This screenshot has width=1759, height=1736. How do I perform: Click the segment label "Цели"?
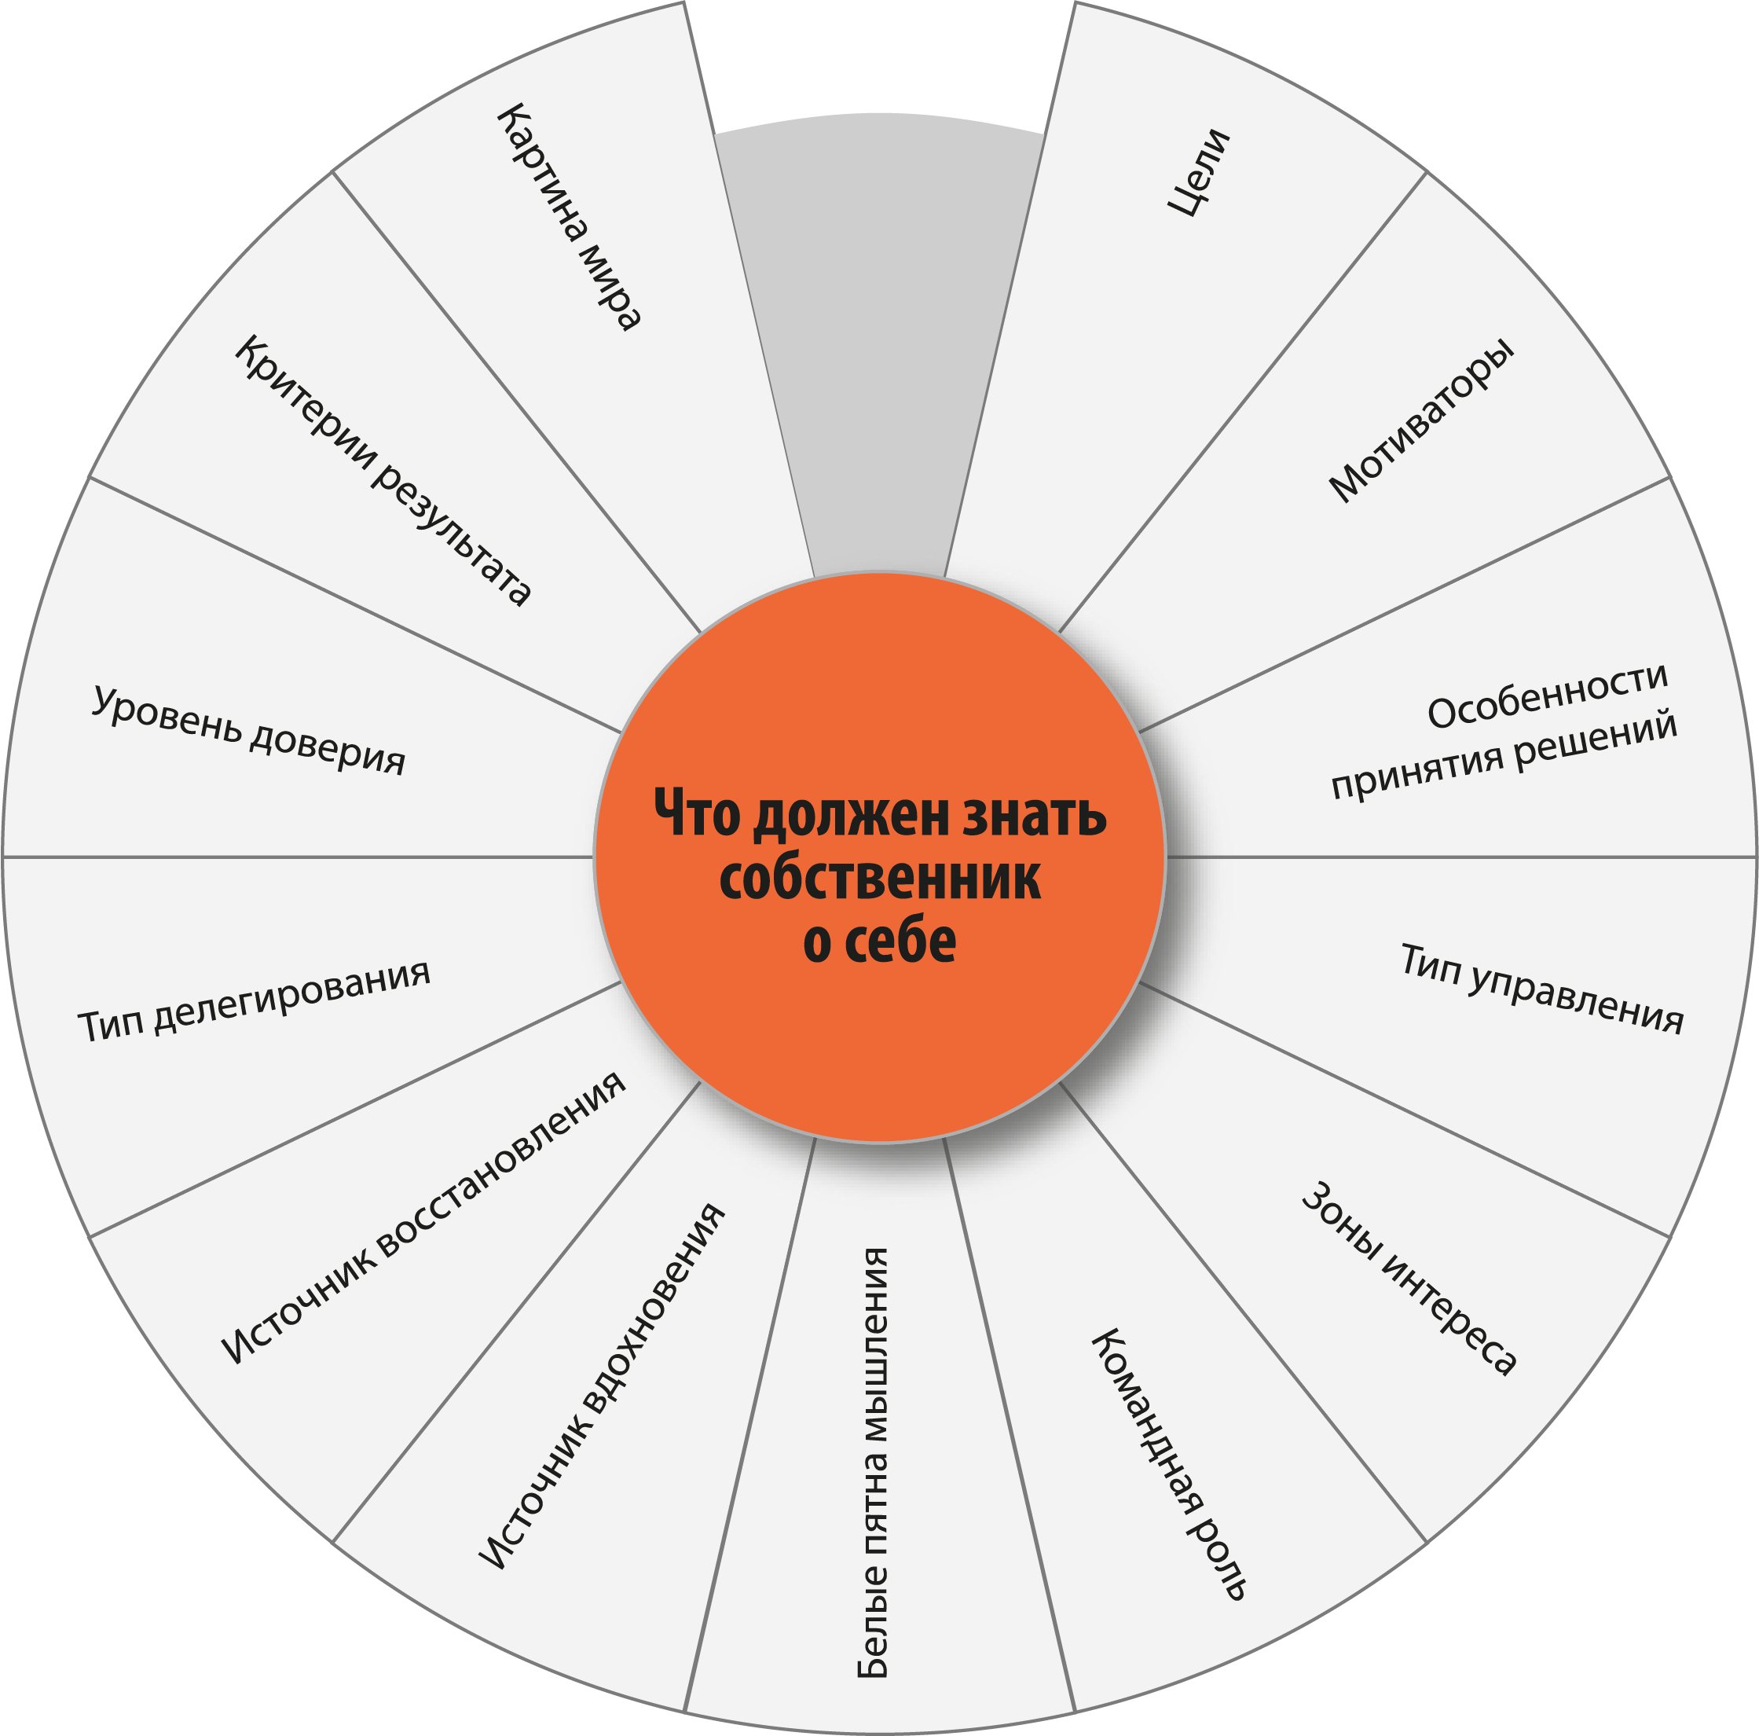point(1198,173)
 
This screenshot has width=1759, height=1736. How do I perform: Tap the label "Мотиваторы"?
point(1421,420)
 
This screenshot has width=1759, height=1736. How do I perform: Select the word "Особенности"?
point(1547,697)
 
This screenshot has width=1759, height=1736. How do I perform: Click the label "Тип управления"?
point(1541,988)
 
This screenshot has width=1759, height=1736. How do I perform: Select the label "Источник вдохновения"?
point(602,1388)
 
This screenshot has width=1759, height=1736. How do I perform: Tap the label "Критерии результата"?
point(383,470)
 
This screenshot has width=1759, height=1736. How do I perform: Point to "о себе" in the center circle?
point(880,941)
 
